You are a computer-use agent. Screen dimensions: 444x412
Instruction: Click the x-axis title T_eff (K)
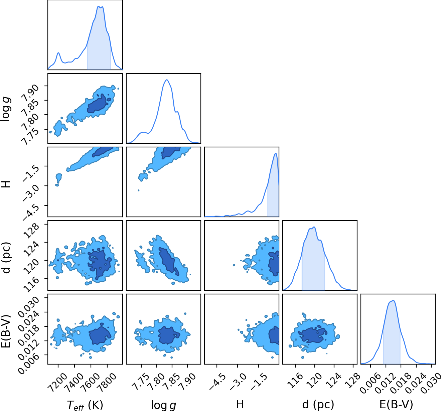click(85, 405)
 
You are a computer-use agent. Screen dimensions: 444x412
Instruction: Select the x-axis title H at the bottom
click(240, 404)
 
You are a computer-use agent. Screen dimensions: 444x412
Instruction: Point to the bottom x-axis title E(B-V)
click(396, 404)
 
